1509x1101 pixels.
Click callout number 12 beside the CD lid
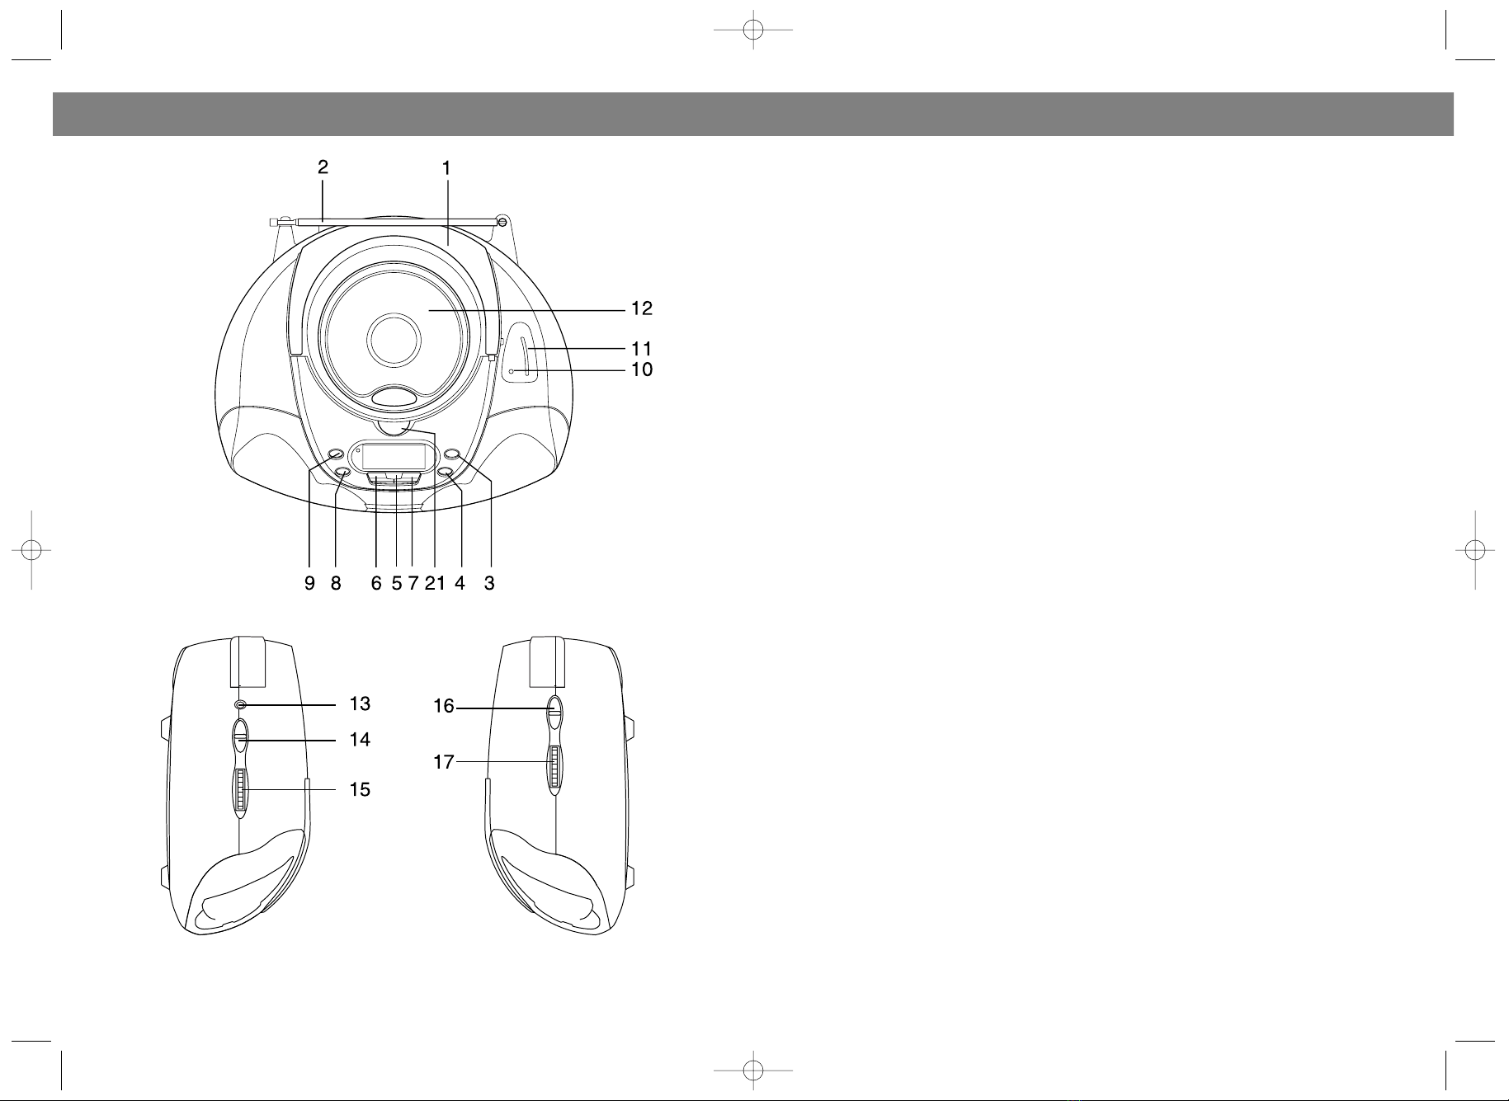pos(642,309)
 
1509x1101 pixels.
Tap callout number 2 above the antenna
pos(323,167)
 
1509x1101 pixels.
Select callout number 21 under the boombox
pos(435,584)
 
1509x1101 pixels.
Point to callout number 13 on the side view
pos(360,704)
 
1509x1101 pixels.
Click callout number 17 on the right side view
pos(444,762)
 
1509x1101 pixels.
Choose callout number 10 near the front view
pos(642,369)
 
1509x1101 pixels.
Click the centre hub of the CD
pos(395,340)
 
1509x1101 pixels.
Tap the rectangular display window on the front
pos(394,455)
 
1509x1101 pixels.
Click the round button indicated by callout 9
pos(336,455)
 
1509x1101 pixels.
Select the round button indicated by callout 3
pos(453,455)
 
